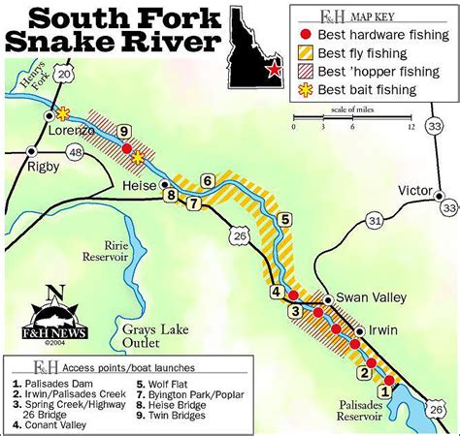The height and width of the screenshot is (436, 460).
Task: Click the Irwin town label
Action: pos(381,330)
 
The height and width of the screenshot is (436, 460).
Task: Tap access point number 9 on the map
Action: pos(123,131)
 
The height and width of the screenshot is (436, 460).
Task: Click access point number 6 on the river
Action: pos(208,179)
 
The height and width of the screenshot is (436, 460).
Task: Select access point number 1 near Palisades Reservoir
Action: pos(384,391)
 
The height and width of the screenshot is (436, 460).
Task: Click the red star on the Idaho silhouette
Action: pos(276,69)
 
